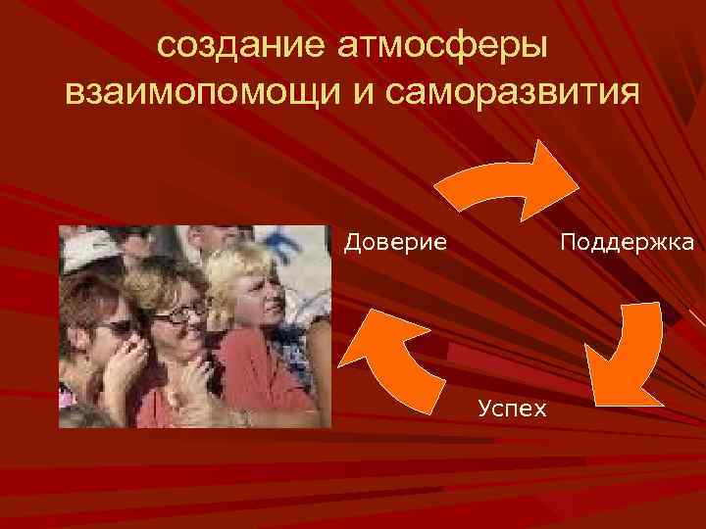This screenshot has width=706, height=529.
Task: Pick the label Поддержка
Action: pos(627,241)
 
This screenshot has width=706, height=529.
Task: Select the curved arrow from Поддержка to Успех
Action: pos(628,353)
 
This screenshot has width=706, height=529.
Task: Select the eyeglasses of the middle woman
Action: pos(180,313)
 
